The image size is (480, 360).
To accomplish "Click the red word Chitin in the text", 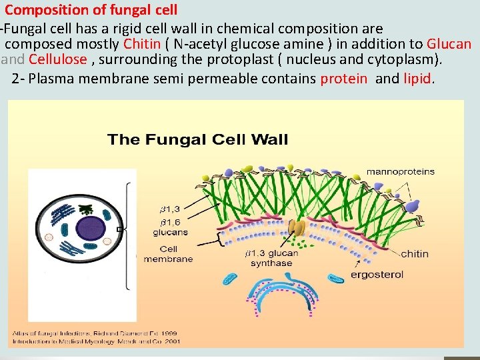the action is pyautogui.click(x=142, y=44).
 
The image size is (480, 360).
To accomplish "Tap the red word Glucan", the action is pyautogui.click(x=449, y=44).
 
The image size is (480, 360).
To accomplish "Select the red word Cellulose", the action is pyautogui.click(x=58, y=59).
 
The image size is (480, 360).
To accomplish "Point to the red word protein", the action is pyautogui.click(x=343, y=79).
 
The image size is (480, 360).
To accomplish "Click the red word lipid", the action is pyautogui.click(x=418, y=79).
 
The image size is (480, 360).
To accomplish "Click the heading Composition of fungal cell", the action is pyautogui.click(x=91, y=10).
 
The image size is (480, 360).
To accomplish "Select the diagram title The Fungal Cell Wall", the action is pyautogui.click(x=198, y=139).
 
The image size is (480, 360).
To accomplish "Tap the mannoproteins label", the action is pyautogui.click(x=400, y=171).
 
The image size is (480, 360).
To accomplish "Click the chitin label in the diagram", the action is pyautogui.click(x=415, y=253).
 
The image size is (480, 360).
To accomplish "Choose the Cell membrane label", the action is pyautogui.click(x=167, y=254).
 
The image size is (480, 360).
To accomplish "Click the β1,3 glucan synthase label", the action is pyautogui.click(x=271, y=258).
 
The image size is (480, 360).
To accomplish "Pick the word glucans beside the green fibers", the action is pyautogui.click(x=170, y=233).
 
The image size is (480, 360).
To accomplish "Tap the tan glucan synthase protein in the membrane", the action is pyautogui.click(x=298, y=229).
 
